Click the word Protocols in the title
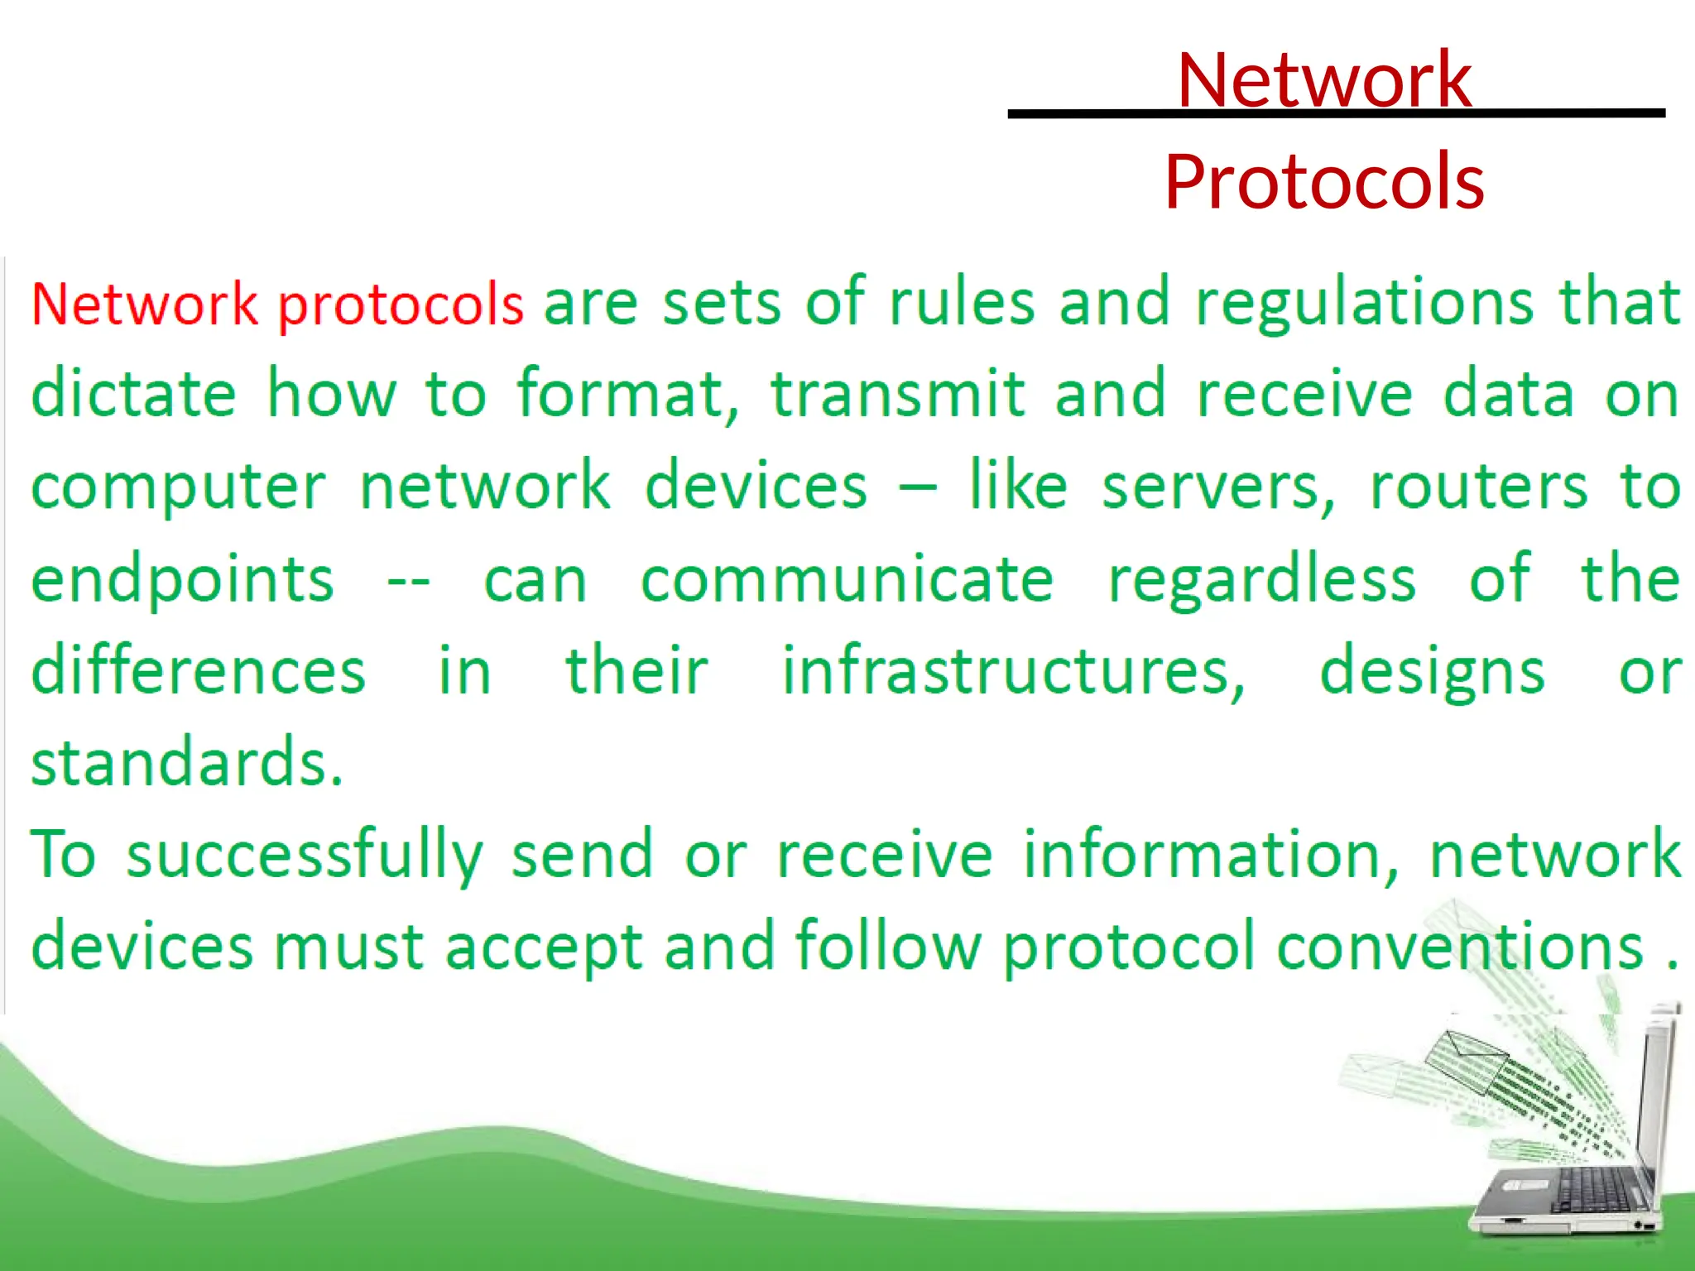(1324, 182)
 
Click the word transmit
(899, 394)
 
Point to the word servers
(1218, 487)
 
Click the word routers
(1480, 487)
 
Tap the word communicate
(847, 579)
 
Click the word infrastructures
(1014, 672)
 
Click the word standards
(187, 763)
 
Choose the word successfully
(305, 856)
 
